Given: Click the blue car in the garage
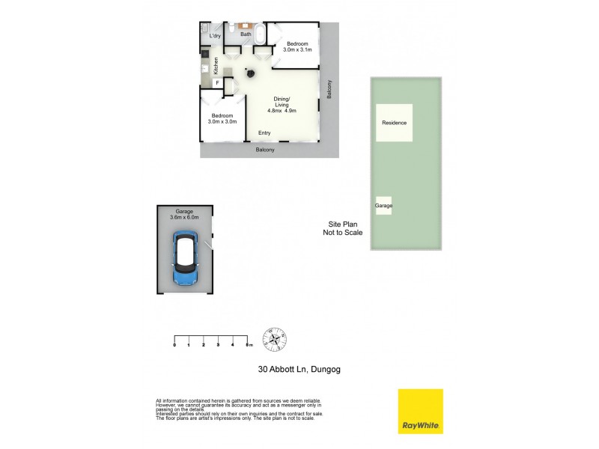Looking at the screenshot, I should pos(184,259).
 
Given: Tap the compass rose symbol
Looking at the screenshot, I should pos(275,340).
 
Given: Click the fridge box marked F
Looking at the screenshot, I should pos(217,84).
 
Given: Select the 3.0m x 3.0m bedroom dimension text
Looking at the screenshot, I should pos(222,121).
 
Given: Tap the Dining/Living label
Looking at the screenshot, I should pos(282,105).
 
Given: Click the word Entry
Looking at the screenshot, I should pos(264,133).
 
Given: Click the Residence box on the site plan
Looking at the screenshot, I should pos(394,123).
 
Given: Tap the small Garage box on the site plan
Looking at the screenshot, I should pos(383,205).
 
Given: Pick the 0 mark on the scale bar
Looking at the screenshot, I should pos(174,345).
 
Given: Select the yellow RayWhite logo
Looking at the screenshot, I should pos(420,411).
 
